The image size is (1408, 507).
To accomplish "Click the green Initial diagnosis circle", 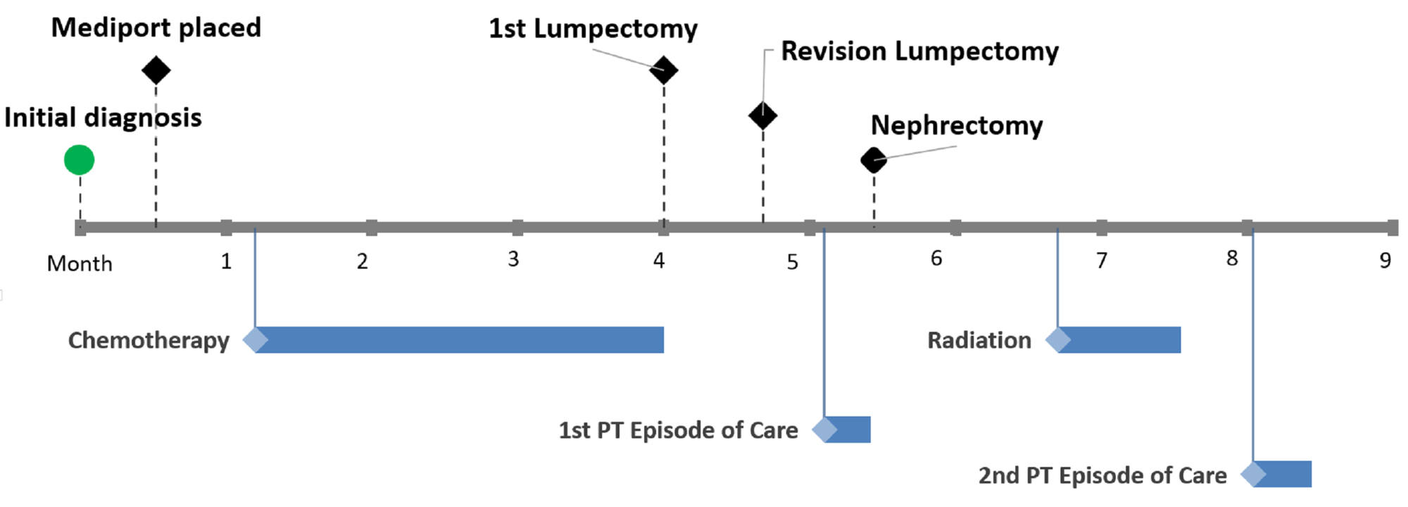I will point(79,160).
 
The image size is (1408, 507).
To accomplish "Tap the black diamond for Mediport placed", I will point(156,70).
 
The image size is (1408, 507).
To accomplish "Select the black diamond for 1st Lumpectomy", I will point(663,70).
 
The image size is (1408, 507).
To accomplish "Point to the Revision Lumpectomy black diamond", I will point(762,115).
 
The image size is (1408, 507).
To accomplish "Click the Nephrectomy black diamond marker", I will point(874,161).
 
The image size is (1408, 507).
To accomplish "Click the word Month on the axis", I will point(80,263).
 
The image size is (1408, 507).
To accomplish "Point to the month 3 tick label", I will point(513,260).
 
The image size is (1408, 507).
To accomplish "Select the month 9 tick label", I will point(1385,261).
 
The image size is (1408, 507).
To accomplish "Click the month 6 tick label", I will point(936,259).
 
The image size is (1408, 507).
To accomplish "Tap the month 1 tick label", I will point(226,262).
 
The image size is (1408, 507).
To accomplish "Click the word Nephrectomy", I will point(956,125).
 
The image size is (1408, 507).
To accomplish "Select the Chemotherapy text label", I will point(149,341).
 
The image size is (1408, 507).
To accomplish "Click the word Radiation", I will point(979,341).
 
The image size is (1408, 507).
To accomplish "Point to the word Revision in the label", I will point(833,51).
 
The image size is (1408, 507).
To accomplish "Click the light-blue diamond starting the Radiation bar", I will point(1057,340).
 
